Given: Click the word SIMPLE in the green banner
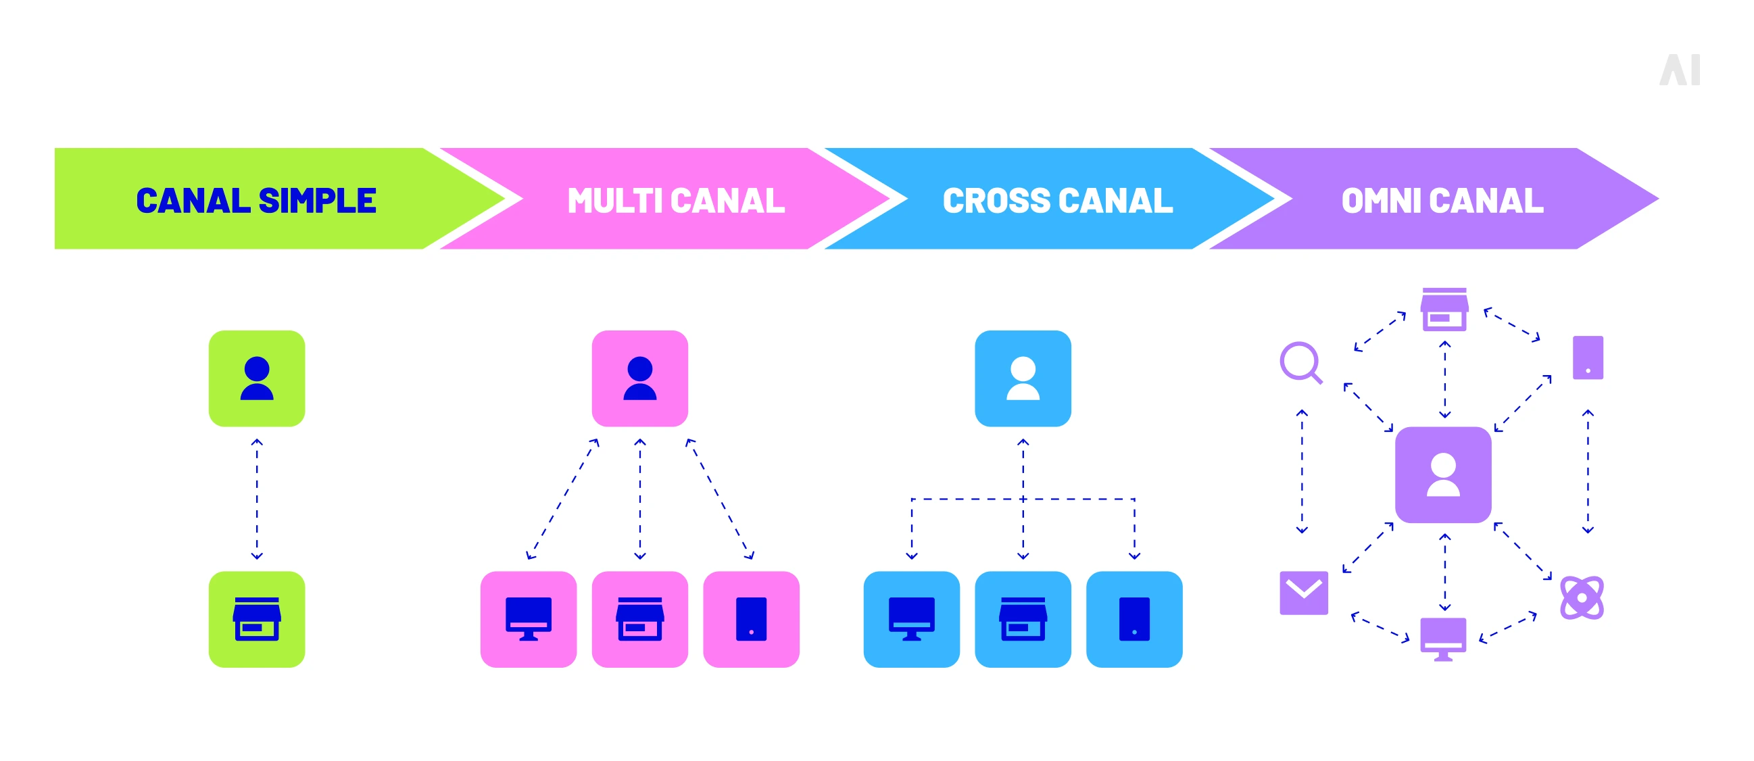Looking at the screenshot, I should coord(317,201).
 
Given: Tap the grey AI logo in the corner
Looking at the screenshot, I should coord(1679,70).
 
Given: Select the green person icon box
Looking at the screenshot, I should coord(257,378).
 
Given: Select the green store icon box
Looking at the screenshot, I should coord(257,619).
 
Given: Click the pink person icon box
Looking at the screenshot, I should coord(639,378).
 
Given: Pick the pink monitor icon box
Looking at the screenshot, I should coord(529,619).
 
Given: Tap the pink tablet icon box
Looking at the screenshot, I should coord(751,619).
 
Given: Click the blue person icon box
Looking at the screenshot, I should coord(1023,378).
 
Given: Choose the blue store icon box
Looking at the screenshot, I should coord(1023,619).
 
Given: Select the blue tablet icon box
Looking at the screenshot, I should coord(1134,619).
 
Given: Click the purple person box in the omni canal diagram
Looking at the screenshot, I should coord(1443,474).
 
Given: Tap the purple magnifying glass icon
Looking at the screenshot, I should coord(1300,362).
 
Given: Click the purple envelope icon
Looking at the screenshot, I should coord(1303,592).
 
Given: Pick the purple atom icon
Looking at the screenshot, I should coord(1581,597).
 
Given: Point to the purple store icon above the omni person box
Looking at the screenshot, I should coord(1444,310).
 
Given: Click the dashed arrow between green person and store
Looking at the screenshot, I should coord(257,499).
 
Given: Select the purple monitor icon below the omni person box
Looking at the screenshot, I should coord(1443,639).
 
